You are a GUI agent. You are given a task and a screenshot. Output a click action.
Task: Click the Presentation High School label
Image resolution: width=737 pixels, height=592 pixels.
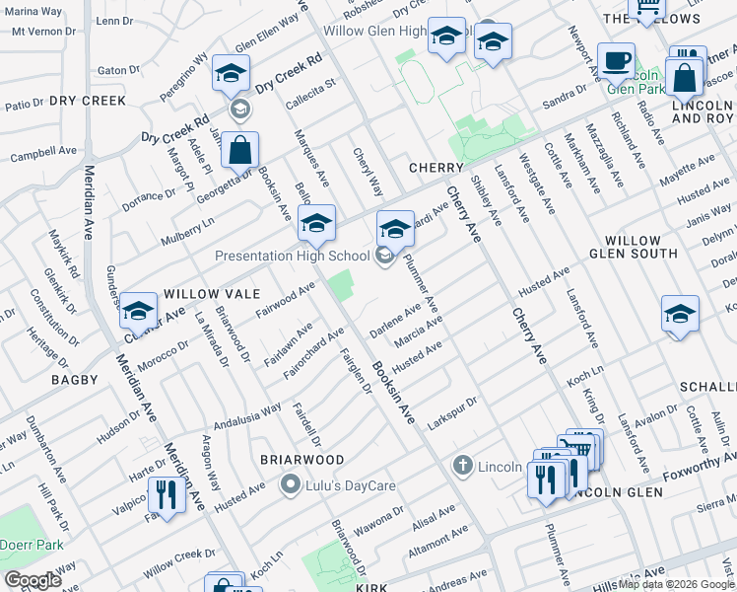[293, 257]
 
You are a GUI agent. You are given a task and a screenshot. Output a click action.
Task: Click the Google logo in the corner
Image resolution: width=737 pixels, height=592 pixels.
[32, 580]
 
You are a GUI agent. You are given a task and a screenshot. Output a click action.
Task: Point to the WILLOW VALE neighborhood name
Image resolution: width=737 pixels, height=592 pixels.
[211, 294]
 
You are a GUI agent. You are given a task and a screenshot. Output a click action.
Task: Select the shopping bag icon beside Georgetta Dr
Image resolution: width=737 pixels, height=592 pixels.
[239, 151]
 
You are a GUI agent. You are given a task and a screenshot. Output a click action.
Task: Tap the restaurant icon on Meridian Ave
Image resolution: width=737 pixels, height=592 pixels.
[167, 493]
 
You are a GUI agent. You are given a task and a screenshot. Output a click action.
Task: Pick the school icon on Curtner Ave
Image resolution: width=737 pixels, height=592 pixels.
[139, 312]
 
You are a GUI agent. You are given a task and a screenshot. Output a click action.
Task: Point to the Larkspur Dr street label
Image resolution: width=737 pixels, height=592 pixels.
[454, 411]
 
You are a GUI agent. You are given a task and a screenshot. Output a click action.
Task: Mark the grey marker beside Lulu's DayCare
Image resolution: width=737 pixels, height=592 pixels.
[290, 483]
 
